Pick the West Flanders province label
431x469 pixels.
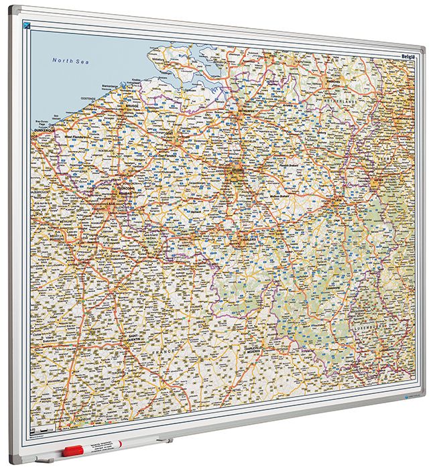pyautogui.click(x=77, y=136)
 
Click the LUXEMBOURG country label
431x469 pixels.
pyautogui.click(x=373, y=329)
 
